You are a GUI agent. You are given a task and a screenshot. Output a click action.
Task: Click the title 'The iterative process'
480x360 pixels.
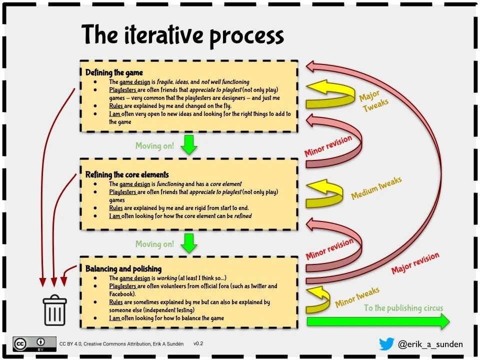point(182,35)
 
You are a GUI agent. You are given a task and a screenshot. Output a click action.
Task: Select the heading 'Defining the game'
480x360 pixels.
point(114,72)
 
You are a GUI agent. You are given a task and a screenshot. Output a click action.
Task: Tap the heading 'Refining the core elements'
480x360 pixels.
point(127,174)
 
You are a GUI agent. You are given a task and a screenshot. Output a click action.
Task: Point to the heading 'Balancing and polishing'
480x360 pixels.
point(123,269)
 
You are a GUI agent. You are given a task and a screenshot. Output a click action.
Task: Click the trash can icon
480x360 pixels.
point(55,310)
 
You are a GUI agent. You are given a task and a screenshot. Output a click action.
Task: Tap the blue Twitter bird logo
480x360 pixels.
point(386,344)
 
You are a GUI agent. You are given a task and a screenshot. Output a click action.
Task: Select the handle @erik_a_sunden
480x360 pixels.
point(430,344)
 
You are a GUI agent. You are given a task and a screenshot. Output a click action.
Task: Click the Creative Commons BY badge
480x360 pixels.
point(34,344)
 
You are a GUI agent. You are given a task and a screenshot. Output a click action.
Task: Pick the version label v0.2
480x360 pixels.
point(198,343)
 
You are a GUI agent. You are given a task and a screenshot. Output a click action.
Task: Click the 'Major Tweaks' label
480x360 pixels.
point(374,101)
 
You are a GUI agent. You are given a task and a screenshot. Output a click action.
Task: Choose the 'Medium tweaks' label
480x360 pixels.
point(376,187)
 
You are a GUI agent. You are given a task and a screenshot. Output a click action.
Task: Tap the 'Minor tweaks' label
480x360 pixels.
point(357,296)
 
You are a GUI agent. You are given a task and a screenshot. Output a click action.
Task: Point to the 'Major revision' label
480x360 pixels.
point(415,263)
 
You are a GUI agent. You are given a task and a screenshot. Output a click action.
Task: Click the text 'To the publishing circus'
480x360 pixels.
point(403,307)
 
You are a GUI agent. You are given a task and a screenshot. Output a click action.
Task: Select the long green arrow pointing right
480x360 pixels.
point(378,321)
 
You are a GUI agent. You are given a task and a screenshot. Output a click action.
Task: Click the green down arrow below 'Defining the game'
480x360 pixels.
point(189,144)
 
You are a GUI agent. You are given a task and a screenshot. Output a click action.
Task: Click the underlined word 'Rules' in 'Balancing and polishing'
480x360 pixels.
point(115,302)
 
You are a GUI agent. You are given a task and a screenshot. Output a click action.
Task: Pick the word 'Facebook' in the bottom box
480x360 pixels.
point(121,294)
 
